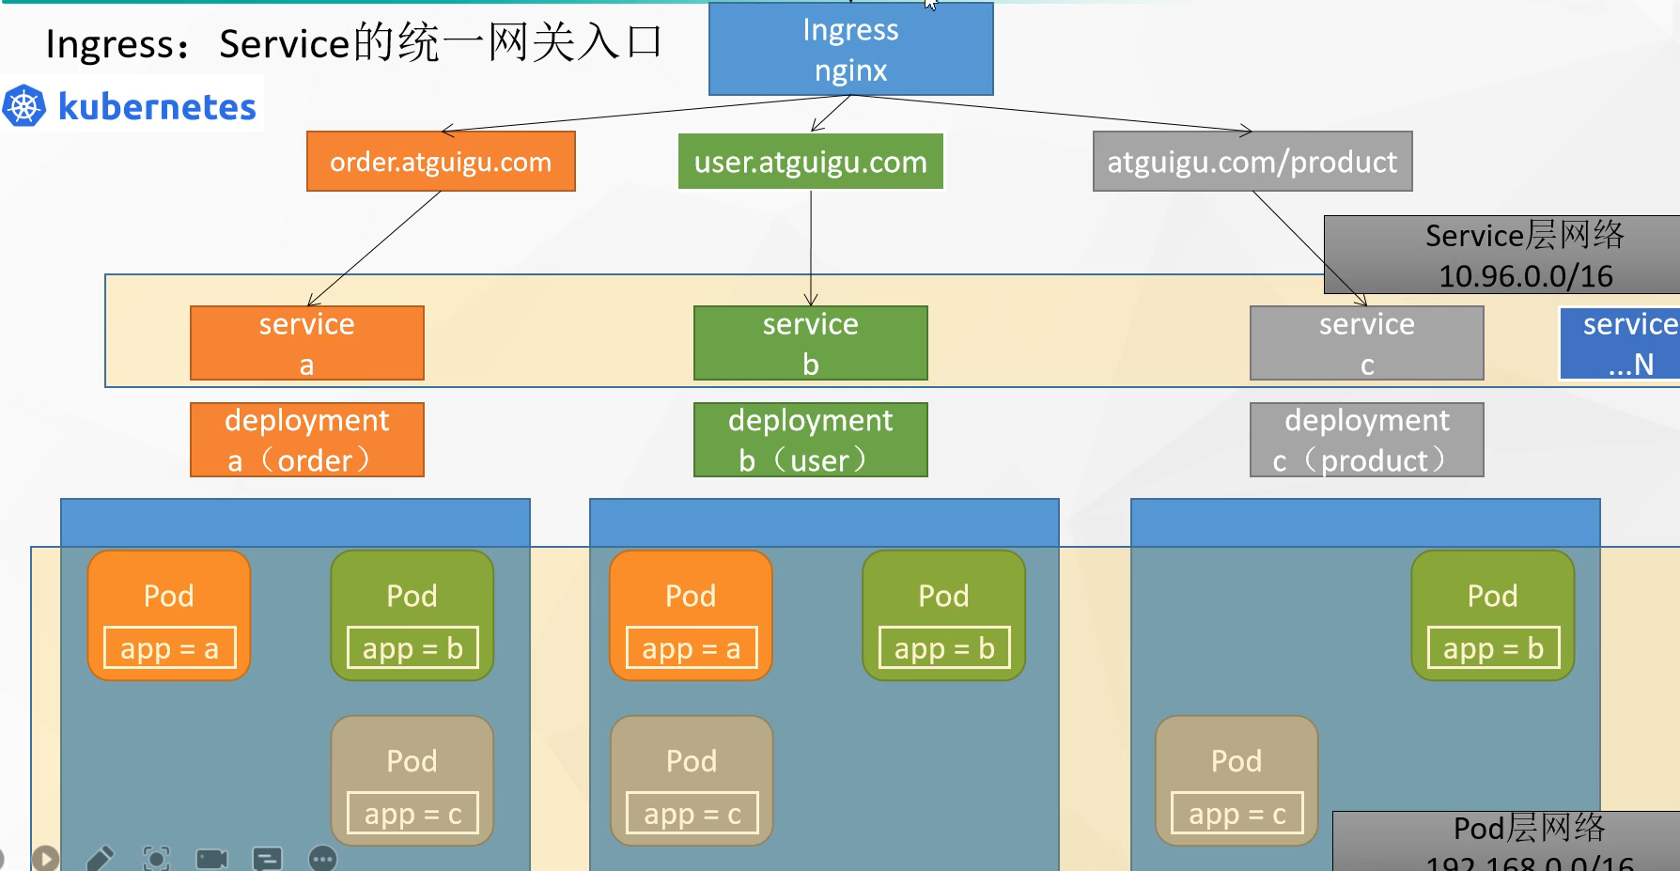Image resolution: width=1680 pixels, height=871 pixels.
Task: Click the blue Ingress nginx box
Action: click(850, 49)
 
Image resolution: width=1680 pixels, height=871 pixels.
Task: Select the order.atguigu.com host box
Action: click(441, 162)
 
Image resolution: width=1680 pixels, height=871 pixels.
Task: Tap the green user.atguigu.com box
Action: click(810, 162)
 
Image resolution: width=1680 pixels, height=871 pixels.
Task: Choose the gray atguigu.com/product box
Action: click(1252, 162)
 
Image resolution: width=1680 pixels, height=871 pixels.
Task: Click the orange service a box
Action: click(306, 343)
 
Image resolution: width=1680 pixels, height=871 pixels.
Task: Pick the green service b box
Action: click(810, 343)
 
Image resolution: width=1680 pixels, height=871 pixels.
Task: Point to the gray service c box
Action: click(1366, 343)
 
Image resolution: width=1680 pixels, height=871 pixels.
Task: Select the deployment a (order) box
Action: click(306, 440)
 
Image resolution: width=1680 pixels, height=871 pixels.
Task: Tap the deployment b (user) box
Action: click(810, 440)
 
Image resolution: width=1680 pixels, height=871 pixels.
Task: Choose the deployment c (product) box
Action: click(1366, 440)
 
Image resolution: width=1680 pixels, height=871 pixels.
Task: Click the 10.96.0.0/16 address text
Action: click(1525, 276)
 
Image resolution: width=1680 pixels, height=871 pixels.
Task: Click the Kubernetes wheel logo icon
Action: click(24, 106)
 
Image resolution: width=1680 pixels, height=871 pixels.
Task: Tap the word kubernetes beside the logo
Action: click(157, 107)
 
